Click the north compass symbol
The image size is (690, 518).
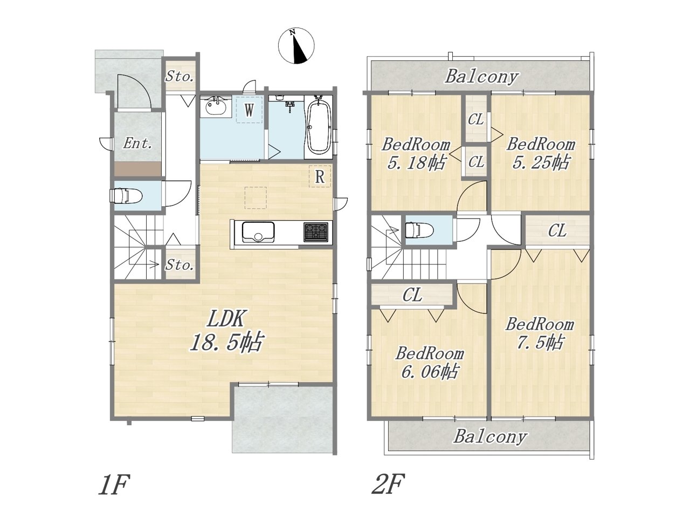tap(296, 46)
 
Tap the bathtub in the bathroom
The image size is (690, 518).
tap(319, 127)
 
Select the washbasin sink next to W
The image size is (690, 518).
tap(216, 107)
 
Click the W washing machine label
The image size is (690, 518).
tap(249, 110)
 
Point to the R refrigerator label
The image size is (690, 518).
tap(320, 177)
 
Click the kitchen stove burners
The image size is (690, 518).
tap(315, 232)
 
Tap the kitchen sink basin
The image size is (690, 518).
tap(258, 232)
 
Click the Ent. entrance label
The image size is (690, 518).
tap(137, 144)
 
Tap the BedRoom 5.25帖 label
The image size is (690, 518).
tap(541, 154)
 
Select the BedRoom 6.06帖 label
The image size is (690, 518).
tap(430, 363)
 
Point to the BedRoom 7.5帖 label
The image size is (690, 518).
tap(540, 333)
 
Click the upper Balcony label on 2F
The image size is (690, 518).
tap(481, 77)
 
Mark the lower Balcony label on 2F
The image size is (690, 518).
tap(490, 437)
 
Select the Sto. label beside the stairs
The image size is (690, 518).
tap(180, 265)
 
